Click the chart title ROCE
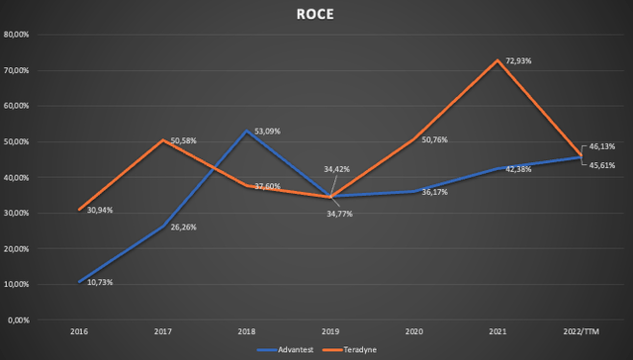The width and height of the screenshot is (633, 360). tap(316, 14)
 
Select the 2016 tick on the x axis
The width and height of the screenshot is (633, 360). tap(79, 332)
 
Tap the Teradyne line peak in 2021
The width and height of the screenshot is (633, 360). tap(507, 60)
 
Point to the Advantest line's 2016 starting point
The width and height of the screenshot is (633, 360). tap(79, 282)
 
